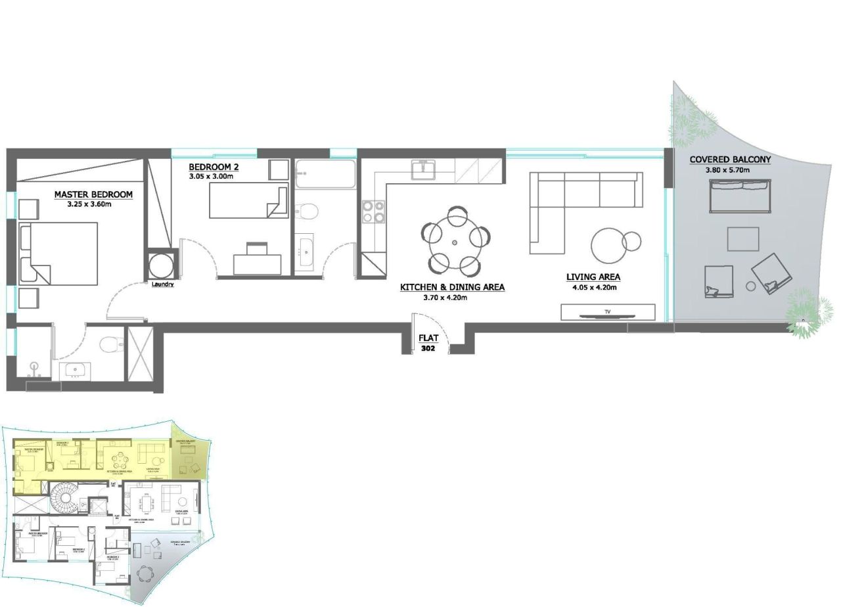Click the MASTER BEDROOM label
click(93, 194)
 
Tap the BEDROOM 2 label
click(214, 167)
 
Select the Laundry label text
click(162, 284)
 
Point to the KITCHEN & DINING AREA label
click(452, 287)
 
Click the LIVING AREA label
click(593, 277)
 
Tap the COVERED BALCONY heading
click(730, 160)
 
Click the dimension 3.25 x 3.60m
click(93, 204)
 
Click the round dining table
click(455, 242)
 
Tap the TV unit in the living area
click(608, 312)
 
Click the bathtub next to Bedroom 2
click(325, 174)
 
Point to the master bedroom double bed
click(59, 254)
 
